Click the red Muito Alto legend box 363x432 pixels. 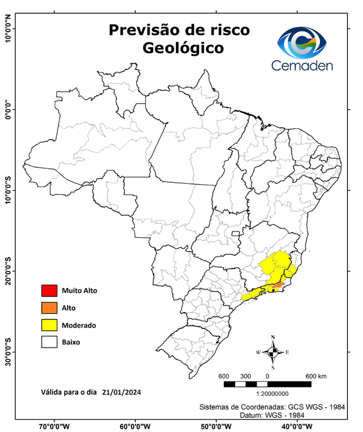click(x=49, y=291)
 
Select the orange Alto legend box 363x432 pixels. click(x=49, y=308)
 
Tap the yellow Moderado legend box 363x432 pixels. click(x=49, y=325)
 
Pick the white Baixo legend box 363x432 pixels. click(x=49, y=341)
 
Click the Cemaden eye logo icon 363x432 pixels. click(x=305, y=42)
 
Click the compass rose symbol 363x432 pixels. click(x=273, y=353)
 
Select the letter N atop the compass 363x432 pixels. click(x=273, y=337)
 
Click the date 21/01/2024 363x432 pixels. click(x=122, y=391)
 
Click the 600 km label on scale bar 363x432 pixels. click(x=316, y=376)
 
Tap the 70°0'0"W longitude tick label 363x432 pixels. click(x=55, y=426)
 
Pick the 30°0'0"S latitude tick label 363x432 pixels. click(x=8, y=352)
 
